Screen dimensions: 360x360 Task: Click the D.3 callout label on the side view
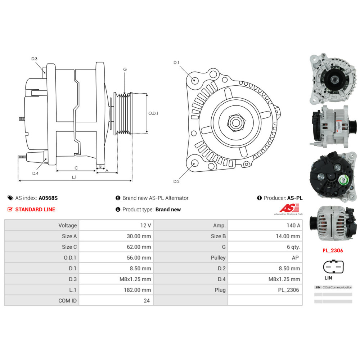(x=34, y=59)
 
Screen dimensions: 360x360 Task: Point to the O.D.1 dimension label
(x=153, y=113)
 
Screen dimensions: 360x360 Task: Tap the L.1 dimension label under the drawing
(x=74, y=177)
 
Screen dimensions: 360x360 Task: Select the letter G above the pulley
(x=125, y=69)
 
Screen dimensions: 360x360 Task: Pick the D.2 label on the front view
(x=176, y=181)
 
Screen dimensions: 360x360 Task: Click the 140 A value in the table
(x=294, y=225)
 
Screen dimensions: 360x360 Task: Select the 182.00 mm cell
(x=139, y=290)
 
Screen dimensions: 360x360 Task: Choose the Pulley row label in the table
(x=219, y=258)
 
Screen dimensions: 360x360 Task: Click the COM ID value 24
(x=147, y=301)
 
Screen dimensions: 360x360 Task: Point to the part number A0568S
(x=48, y=198)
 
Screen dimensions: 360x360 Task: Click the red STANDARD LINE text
(x=35, y=210)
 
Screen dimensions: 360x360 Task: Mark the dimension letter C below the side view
(x=76, y=168)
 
